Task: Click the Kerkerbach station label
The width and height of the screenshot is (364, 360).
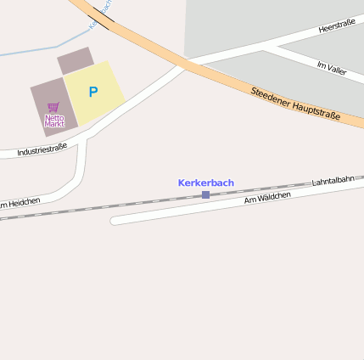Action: click(205, 183)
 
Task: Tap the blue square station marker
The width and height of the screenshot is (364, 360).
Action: click(205, 195)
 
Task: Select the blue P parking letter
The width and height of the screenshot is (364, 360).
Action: click(92, 92)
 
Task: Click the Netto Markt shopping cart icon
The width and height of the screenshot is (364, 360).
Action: click(53, 108)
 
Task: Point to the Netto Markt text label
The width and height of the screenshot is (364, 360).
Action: click(54, 121)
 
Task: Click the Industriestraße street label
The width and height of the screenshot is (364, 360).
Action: click(42, 151)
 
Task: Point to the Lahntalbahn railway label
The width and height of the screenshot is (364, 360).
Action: click(333, 180)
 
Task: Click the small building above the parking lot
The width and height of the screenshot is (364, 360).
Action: click(76, 60)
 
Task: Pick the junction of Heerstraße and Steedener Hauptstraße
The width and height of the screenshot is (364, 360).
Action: click(186, 64)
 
